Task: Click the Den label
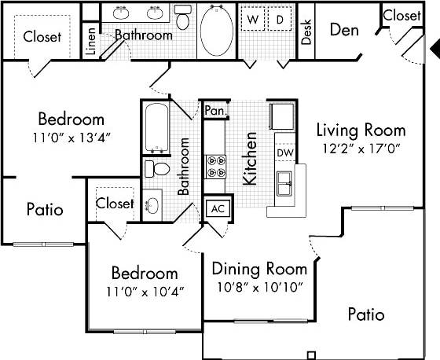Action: pos(344,31)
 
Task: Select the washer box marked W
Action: pos(253,18)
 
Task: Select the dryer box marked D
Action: pos(279,18)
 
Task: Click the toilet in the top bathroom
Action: pos(182,17)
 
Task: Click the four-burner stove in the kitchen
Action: pos(216,167)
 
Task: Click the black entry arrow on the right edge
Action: pos(434,50)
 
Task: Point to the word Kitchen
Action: pos(250,158)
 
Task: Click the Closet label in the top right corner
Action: pos(401,15)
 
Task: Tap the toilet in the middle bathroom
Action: pos(158,169)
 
